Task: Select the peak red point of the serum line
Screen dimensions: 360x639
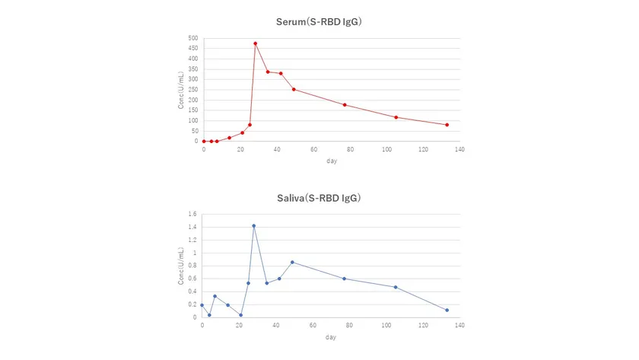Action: [x=256, y=43]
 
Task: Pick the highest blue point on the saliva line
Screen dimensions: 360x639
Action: [x=254, y=225]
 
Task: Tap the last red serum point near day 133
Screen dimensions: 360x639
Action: [x=447, y=125]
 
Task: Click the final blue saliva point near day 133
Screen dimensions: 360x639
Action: [x=447, y=310]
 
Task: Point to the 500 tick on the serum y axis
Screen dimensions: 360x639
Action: [x=193, y=38]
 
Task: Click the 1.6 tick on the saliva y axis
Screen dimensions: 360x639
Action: [x=192, y=215]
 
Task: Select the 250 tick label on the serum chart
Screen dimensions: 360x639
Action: [x=193, y=90]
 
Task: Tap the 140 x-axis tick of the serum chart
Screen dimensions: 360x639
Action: [x=459, y=149]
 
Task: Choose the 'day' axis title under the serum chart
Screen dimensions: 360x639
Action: [x=331, y=161]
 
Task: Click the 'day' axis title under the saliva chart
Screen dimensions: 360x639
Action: [x=331, y=337]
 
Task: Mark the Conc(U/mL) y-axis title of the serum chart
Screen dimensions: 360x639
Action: [x=182, y=90]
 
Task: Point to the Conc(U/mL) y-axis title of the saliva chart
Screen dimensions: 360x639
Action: [x=181, y=266]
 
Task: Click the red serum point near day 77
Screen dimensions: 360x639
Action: [x=345, y=105]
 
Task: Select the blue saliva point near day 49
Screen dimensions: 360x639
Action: [x=292, y=262]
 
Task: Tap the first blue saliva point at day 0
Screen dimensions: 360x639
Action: [x=202, y=305]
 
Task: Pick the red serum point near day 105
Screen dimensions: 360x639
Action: [x=396, y=117]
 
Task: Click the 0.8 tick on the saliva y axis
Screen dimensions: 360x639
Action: [x=192, y=266]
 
